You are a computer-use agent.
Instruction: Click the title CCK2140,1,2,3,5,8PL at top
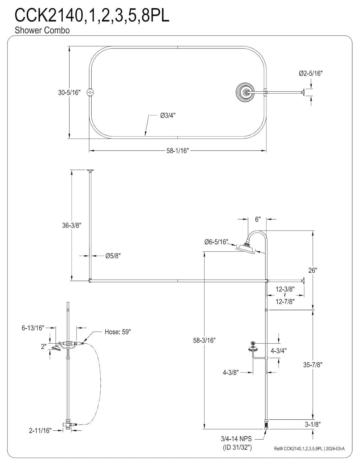pyautogui.click(x=92, y=16)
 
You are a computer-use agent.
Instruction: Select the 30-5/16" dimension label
pyautogui.click(x=69, y=92)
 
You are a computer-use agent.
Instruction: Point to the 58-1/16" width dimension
pyautogui.click(x=178, y=151)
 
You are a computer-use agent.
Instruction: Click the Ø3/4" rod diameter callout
pyautogui.click(x=168, y=115)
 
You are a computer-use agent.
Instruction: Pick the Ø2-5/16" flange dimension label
pyautogui.click(x=311, y=74)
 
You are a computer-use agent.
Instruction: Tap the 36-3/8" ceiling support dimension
pyautogui.click(x=71, y=226)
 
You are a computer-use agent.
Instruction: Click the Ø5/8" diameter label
pyautogui.click(x=112, y=256)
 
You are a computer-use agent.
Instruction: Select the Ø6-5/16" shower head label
pyautogui.click(x=216, y=242)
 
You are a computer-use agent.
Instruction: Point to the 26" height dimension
pyautogui.click(x=312, y=270)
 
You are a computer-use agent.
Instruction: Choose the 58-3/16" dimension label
pyautogui.click(x=204, y=340)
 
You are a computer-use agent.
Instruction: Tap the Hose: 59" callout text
pyautogui.click(x=117, y=332)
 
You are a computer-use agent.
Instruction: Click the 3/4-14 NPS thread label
pyautogui.click(x=236, y=439)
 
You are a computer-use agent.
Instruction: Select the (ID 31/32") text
pyautogui.click(x=237, y=447)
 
